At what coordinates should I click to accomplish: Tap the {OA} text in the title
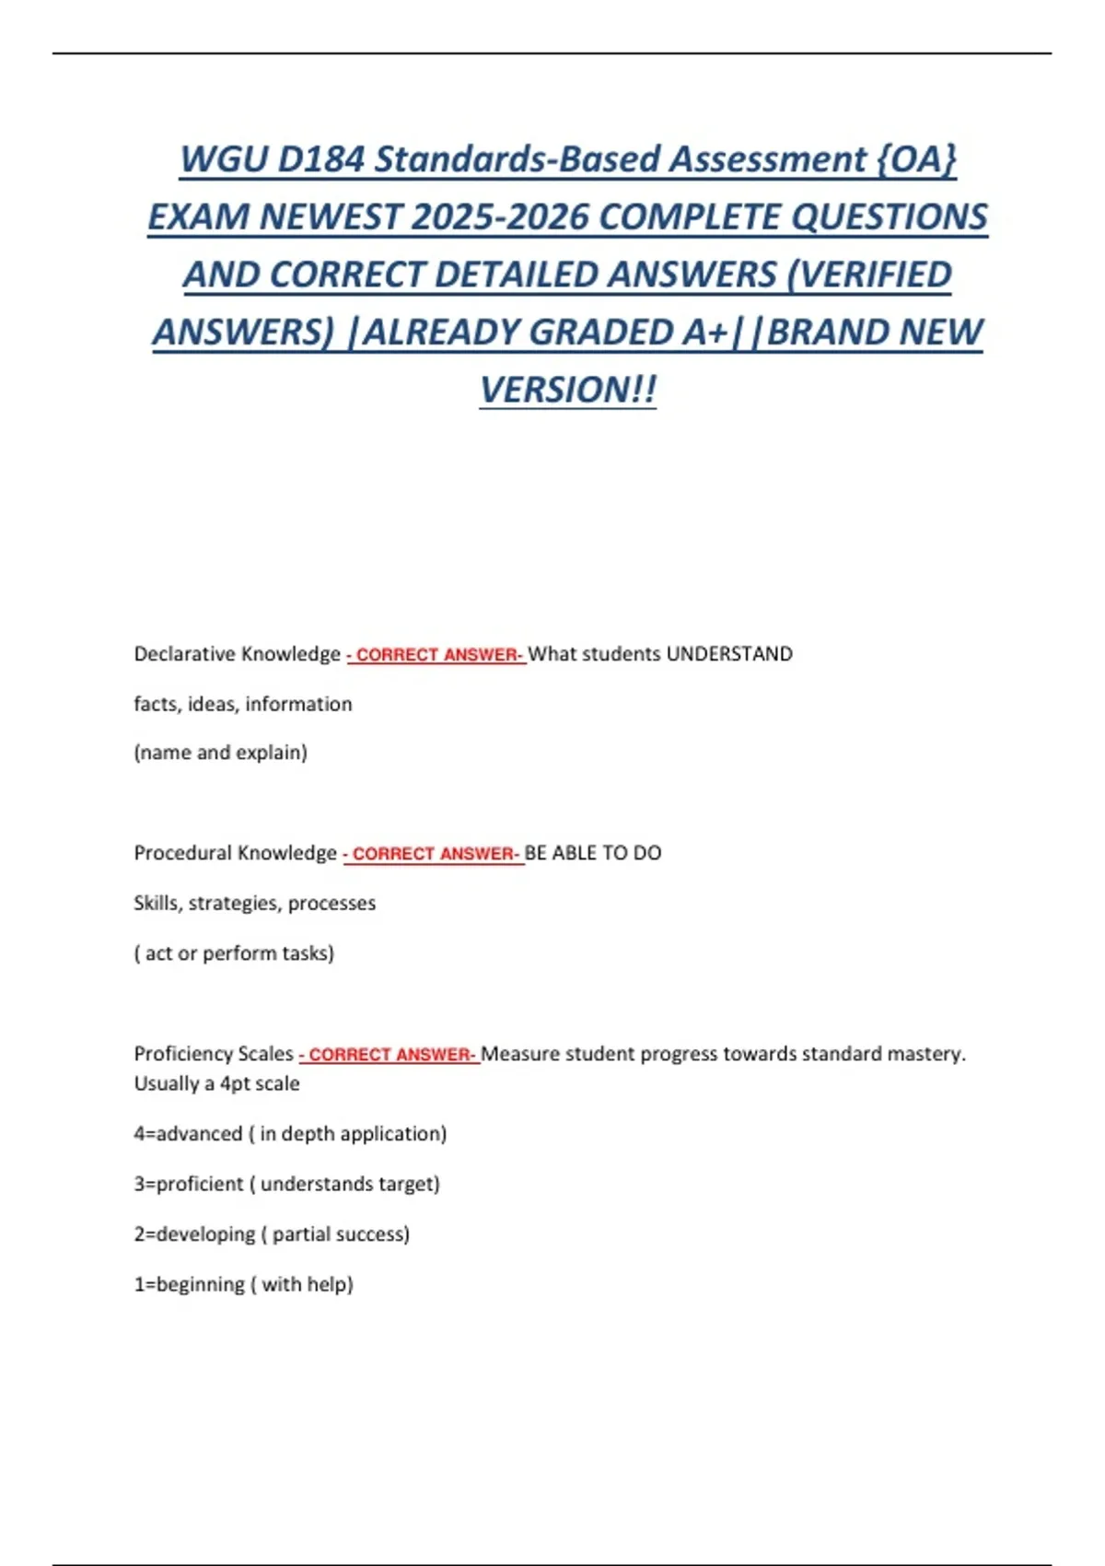916,159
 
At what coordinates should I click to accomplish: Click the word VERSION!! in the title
568,390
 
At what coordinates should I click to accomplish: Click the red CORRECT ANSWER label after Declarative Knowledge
436,655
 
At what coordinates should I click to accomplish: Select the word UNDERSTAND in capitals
729,654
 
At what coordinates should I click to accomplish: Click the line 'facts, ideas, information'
243,704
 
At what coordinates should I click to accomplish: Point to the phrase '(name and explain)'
221,753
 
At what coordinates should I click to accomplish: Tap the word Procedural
180,853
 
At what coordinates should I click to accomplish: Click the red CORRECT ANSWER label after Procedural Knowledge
433,854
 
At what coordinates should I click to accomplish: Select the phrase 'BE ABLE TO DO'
593,853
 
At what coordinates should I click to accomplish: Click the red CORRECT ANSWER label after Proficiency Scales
389,1054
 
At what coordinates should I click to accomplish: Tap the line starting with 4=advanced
290,1134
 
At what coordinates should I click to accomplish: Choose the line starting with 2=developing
272,1234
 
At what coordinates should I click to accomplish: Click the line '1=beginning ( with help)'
244,1284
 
